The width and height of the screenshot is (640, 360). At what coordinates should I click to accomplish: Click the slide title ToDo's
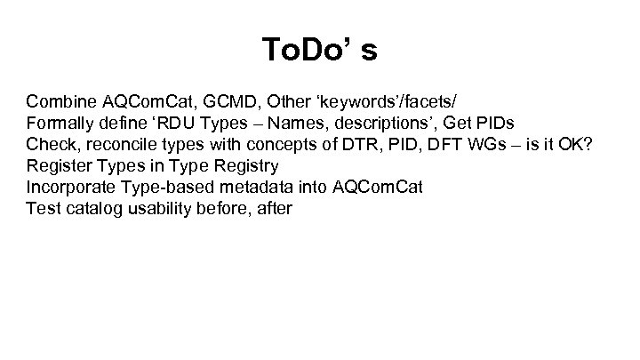320,51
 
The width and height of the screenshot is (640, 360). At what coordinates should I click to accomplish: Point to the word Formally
59,123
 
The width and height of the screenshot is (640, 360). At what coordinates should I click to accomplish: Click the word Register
58,165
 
